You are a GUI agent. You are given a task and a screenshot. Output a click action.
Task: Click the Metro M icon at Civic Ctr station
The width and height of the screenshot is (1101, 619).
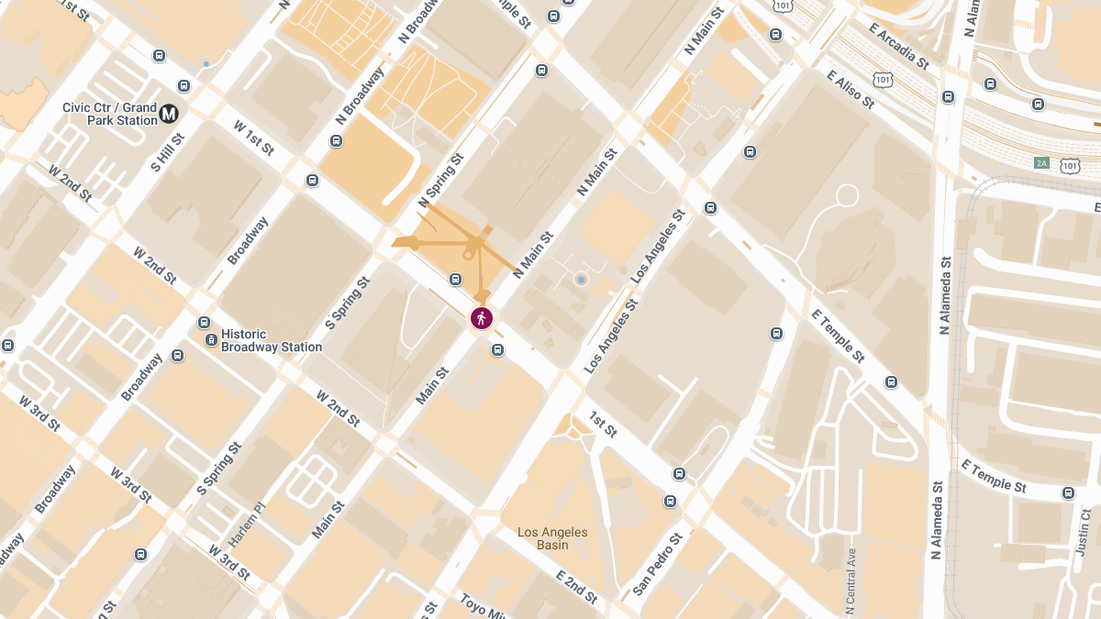click(x=169, y=113)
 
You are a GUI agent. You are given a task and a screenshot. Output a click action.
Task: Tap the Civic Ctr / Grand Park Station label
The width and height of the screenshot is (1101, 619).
click(x=109, y=113)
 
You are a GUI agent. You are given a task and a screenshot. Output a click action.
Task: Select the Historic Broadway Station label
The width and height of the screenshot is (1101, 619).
click(x=272, y=340)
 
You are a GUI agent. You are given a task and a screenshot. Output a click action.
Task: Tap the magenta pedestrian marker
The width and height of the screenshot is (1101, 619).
click(x=482, y=318)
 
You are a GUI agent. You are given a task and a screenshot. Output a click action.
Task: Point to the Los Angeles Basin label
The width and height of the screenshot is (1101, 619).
click(x=552, y=538)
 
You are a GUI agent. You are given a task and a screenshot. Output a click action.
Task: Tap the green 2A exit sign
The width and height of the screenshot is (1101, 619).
click(x=1040, y=163)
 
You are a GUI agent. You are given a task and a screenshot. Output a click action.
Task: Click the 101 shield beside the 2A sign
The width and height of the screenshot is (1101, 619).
click(x=1070, y=165)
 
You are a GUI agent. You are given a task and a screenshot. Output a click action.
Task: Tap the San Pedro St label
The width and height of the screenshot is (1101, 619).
click(x=657, y=563)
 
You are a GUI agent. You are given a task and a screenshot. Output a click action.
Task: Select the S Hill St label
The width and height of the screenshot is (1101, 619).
click(x=168, y=152)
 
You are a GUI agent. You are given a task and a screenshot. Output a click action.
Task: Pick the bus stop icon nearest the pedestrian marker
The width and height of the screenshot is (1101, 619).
click(x=497, y=349)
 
